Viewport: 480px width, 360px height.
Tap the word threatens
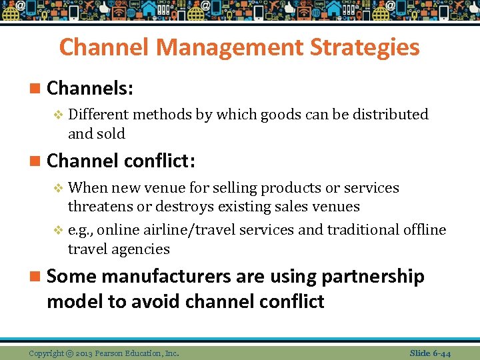(x=104, y=207)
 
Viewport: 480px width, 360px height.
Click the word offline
(x=425, y=230)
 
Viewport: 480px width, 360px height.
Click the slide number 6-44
(x=441, y=353)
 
